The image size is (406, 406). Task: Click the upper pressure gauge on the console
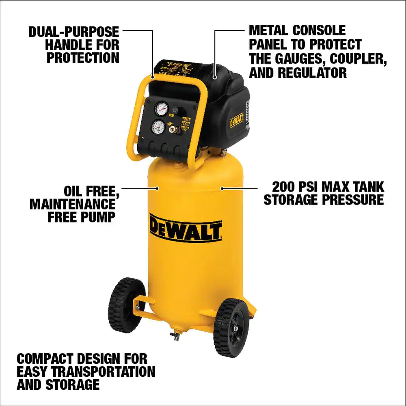coord(162,108)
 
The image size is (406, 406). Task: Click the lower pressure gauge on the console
coord(158,127)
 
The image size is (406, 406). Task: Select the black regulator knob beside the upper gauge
coord(176,110)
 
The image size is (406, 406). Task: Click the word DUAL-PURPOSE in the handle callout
coord(74,32)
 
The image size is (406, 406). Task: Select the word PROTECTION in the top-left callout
coord(83,58)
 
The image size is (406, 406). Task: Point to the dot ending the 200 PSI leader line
coord(222,188)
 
